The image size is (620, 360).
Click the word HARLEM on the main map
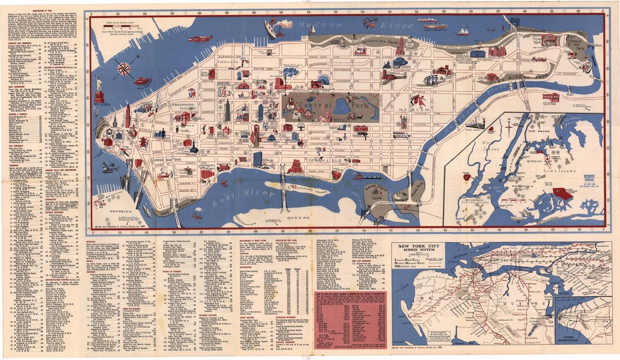[416, 110]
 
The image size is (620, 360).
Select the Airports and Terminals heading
[21, 42]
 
